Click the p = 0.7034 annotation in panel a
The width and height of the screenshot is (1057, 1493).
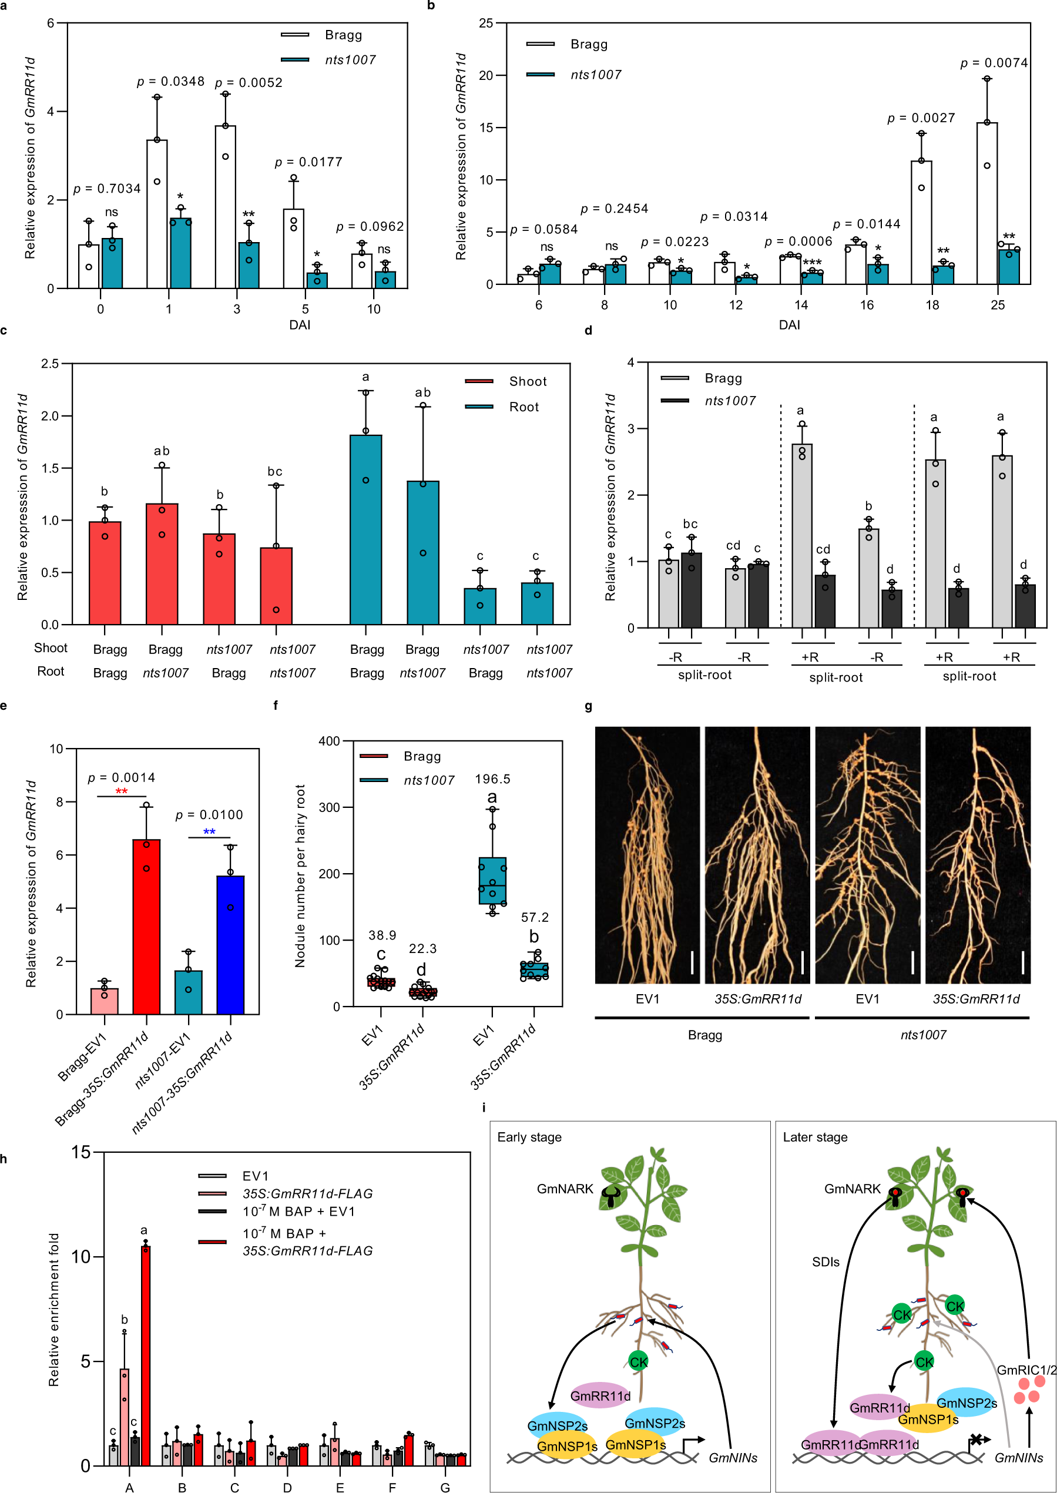coord(107,189)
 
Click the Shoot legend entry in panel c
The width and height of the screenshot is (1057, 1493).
coord(527,381)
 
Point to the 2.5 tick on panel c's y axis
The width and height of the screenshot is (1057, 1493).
coord(50,364)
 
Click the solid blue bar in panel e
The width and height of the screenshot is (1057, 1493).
coord(230,944)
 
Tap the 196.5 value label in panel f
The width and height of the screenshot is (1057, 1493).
coord(493,779)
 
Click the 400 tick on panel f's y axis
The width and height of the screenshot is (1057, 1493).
coord(330,742)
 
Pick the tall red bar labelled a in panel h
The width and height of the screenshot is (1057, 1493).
coord(145,1354)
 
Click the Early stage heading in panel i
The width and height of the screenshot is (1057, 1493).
coord(529,1137)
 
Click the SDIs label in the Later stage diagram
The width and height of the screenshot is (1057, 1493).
coord(826,1262)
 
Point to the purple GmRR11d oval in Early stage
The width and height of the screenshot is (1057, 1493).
coord(600,1395)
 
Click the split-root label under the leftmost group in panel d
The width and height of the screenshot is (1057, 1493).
coord(705,675)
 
